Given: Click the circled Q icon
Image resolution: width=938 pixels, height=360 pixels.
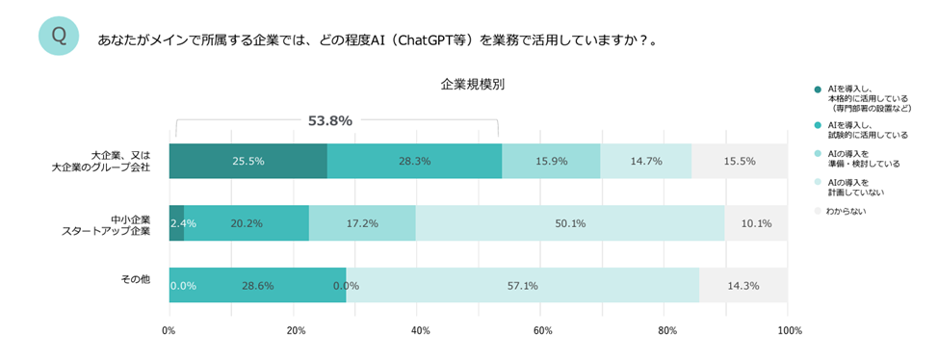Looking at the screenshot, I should point(58,36).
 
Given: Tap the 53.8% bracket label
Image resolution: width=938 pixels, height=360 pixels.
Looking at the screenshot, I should point(329,121).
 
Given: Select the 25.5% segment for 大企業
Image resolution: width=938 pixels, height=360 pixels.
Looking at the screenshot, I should point(248,161).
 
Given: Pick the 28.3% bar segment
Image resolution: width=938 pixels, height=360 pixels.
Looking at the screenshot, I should point(414,161).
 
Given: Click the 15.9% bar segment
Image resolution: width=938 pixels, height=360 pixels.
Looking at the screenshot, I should point(551,161).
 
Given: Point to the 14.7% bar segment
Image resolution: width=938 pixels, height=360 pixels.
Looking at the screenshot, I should point(646,161).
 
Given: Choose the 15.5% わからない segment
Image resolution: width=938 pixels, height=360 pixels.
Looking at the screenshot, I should point(740,161).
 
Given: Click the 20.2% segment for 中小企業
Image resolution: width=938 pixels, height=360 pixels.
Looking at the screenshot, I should point(247,222).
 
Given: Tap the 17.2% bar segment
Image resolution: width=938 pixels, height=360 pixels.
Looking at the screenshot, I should point(362,222).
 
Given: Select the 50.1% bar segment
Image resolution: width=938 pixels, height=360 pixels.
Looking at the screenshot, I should point(570,222).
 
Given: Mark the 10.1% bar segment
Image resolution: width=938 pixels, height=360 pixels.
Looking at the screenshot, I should point(756,222).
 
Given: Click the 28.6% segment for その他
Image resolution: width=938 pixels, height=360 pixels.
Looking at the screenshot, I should point(258,285).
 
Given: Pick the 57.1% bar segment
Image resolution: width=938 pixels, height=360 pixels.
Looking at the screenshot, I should point(522,285).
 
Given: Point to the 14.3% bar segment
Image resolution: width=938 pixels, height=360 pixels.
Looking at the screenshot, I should point(743,285).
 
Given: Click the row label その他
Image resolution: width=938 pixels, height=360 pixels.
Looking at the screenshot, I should point(135,279).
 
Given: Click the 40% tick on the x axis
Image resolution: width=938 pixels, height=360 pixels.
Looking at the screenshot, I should point(420,332).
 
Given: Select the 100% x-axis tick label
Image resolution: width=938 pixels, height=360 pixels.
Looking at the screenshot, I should point(789,332).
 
